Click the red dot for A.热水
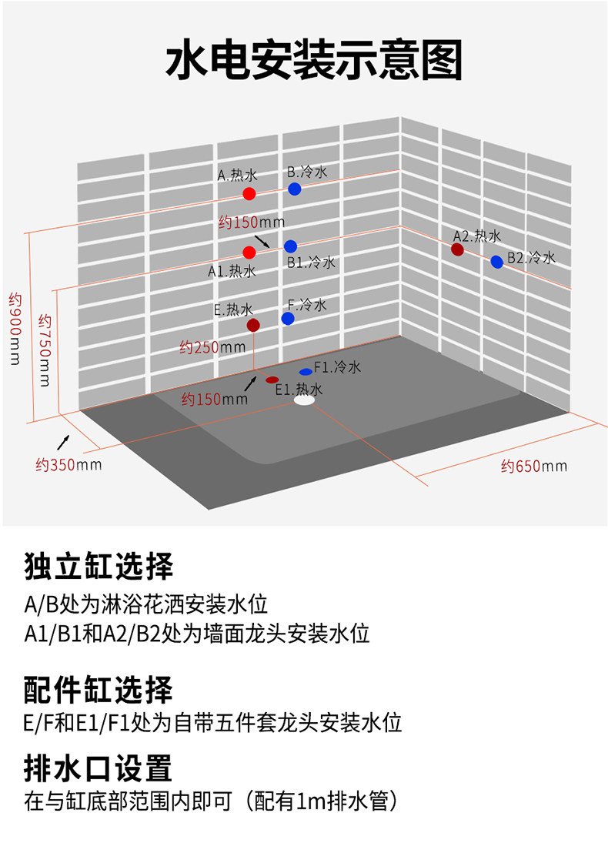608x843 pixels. click(x=249, y=193)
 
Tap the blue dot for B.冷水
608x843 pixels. click(x=294, y=189)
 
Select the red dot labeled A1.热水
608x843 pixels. click(x=249, y=253)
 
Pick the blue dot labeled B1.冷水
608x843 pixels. click(x=290, y=246)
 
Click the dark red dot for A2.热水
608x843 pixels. click(x=457, y=249)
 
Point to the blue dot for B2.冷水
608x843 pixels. click(x=497, y=262)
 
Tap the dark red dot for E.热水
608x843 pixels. click(x=253, y=325)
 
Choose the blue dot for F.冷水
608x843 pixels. click(x=288, y=318)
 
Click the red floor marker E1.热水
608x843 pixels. click(x=272, y=380)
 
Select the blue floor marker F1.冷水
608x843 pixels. click(x=306, y=372)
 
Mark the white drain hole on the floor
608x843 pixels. click(x=304, y=400)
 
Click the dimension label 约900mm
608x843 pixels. click(x=15, y=329)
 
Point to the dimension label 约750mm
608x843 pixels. click(x=45, y=350)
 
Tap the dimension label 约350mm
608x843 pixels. click(x=68, y=464)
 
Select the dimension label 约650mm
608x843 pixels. click(x=534, y=466)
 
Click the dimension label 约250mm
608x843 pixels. click(x=212, y=347)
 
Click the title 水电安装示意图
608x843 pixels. click(x=314, y=60)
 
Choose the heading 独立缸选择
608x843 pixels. click(x=99, y=566)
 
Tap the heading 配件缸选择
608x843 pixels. click(x=99, y=690)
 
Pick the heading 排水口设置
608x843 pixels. click(x=98, y=768)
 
